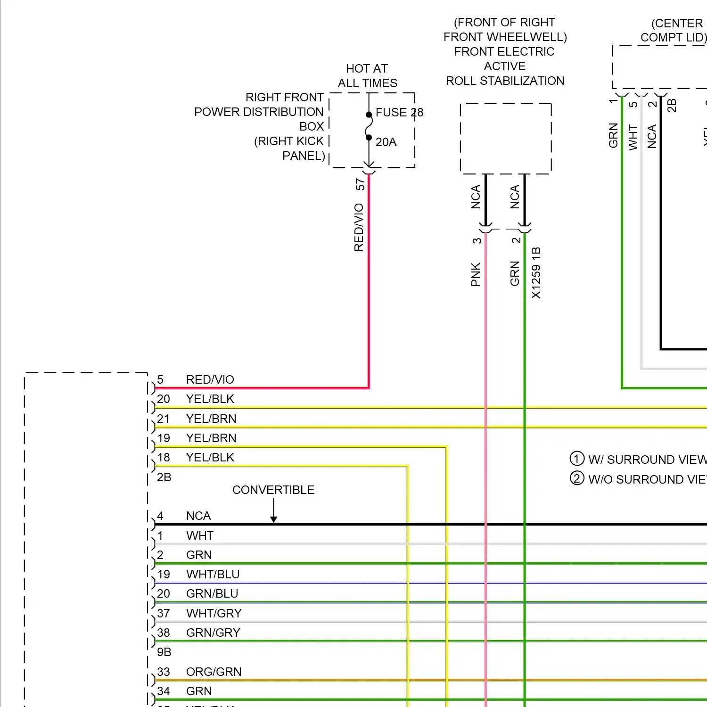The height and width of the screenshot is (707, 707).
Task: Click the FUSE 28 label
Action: (399, 113)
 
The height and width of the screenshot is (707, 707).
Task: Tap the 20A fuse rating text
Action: (386, 142)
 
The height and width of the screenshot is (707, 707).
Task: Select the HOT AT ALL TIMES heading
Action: (367, 76)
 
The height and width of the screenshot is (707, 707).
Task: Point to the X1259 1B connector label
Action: (536, 273)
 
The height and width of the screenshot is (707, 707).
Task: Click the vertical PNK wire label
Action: (476, 275)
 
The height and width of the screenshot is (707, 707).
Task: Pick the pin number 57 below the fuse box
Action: (360, 184)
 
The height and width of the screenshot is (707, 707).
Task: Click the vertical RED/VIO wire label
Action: (359, 227)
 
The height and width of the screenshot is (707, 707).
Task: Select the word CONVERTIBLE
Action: (273, 490)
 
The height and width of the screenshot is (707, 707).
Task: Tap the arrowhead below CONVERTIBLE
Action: (273, 519)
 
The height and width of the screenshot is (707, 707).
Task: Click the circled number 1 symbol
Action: (577, 459)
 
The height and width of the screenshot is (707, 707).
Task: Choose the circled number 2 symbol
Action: (577, 478)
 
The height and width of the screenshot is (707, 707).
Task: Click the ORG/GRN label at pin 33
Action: (214, 672)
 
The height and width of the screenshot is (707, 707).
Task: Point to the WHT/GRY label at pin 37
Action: (214, 613)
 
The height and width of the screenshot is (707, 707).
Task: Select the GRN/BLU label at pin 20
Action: (212, 594)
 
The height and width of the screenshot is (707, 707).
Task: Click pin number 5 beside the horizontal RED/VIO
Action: (160, 380)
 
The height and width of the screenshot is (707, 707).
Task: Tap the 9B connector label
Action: (164, 652)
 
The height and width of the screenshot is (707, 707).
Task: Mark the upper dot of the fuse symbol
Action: (369, 115)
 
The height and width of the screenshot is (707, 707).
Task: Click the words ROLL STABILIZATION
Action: (505, 81)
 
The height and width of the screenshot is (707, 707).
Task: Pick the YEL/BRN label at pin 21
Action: (211, 419)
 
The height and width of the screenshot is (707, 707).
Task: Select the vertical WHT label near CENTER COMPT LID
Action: (633, 138)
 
